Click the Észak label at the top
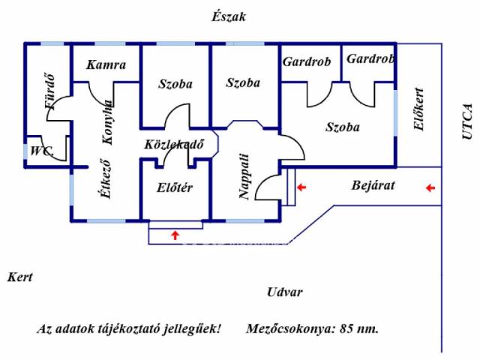(229, 16)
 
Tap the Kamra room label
(106, 65)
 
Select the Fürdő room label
(50, 90)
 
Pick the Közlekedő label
(175, 145)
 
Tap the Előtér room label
(175, 187)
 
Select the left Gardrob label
(307, 62)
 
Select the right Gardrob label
(370, 58)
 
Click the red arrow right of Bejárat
(430, 187)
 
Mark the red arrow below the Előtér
(175, 235)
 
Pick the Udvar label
(285, 292)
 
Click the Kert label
(20, 277)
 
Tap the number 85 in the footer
(347, 328)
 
